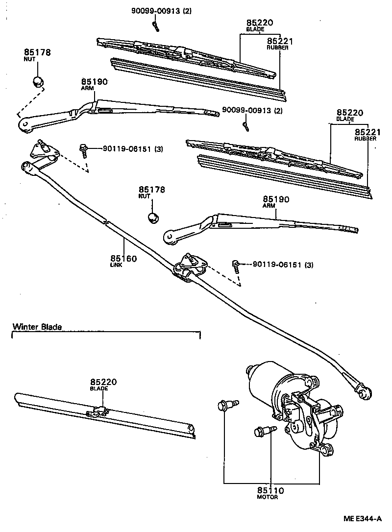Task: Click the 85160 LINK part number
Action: [x=123, y=258]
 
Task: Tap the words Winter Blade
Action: [x=37, y=327]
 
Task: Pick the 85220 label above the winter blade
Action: [x=103, y=382]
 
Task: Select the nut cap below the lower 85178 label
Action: [x=153, y=216]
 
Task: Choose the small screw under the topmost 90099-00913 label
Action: [x=156, y=26]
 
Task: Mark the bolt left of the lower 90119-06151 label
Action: [x=237, y=266]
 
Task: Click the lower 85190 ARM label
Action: [x=276, y=200]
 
